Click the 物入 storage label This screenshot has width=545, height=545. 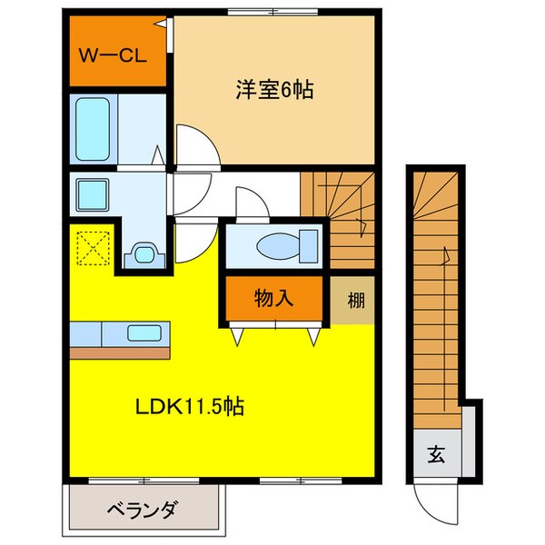click(x=273, y=298)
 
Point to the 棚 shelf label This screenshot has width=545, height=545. click(x=356, y=299)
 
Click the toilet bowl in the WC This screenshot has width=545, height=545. click(x=284, y=244)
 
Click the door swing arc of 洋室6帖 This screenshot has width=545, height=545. click(x=196, y=145)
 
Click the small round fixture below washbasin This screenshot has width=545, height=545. click(x=143, y=253)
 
